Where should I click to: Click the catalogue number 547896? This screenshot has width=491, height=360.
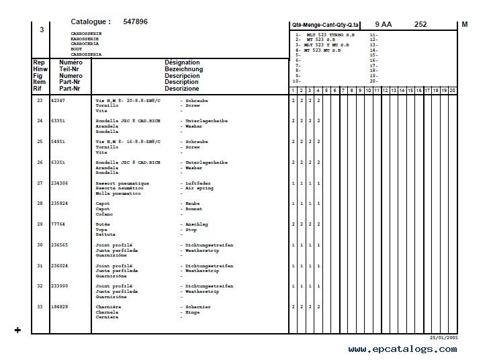(135, 22)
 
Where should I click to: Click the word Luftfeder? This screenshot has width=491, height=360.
(201, 183)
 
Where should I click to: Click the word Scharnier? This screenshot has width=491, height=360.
(200, 306)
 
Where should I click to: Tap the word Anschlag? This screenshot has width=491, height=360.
(199, 224)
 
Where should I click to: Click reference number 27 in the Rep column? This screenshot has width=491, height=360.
(40, 183)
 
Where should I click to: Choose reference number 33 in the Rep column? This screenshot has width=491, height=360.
(40, 306)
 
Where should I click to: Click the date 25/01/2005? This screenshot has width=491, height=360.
(444, 337)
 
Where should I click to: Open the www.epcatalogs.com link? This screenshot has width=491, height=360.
(402, 349)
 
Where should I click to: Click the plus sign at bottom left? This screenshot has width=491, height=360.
(17, 330)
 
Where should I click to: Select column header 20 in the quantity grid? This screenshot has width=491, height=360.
(452, 90)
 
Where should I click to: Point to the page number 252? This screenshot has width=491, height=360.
(420, 24)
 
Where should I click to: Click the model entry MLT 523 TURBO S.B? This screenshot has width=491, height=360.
(330, 34)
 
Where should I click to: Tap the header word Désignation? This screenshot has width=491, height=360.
(182, 62)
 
